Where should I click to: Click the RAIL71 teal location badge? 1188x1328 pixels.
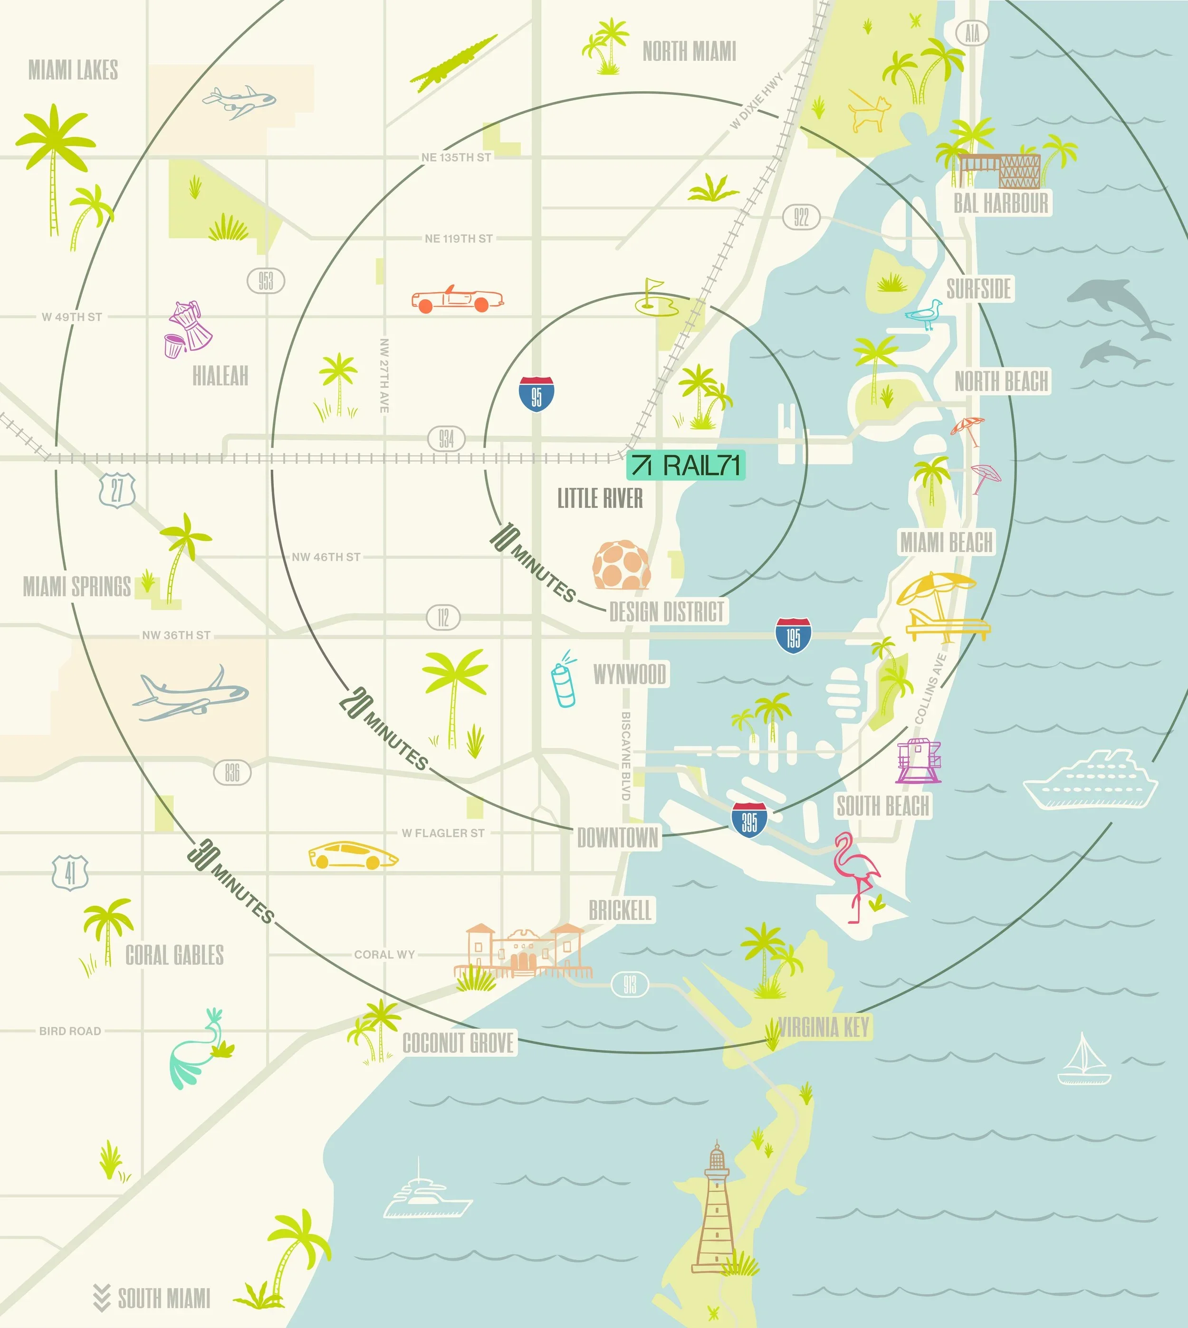click(685, 465)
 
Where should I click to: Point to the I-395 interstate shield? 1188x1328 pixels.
click(749, 821)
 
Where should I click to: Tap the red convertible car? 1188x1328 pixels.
click(458, 299)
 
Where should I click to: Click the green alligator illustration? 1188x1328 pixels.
click(454, 63)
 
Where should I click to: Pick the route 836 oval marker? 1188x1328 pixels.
click(232, 774)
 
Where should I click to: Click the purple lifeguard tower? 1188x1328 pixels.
click(919, 760)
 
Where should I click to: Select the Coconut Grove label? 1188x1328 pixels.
click(458, 1043)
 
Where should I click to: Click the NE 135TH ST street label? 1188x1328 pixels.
click(456, 157)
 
